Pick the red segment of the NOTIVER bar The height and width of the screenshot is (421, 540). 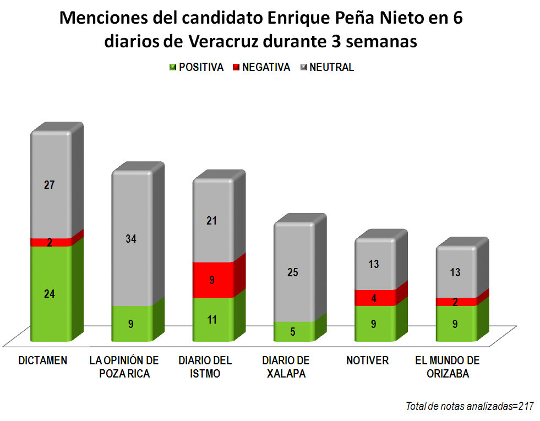(x=375, y=298)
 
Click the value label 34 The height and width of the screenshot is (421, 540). (x=131, y=239)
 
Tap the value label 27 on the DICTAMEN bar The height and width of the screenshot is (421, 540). (x=50, y=185)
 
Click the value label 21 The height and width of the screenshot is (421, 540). (x=212, y=221)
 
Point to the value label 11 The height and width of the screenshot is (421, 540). (x=212, y=319)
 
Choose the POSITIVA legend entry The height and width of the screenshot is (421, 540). (x=196, y=68)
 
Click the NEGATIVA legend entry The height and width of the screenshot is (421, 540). (x=261, y=68)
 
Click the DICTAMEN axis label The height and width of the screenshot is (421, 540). (x=43, y=361)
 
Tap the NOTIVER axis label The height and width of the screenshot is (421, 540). (x=367, y=361)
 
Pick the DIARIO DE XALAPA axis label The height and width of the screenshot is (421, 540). (x=286, y=367)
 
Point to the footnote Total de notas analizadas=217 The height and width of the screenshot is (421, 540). (x=470, y=407)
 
